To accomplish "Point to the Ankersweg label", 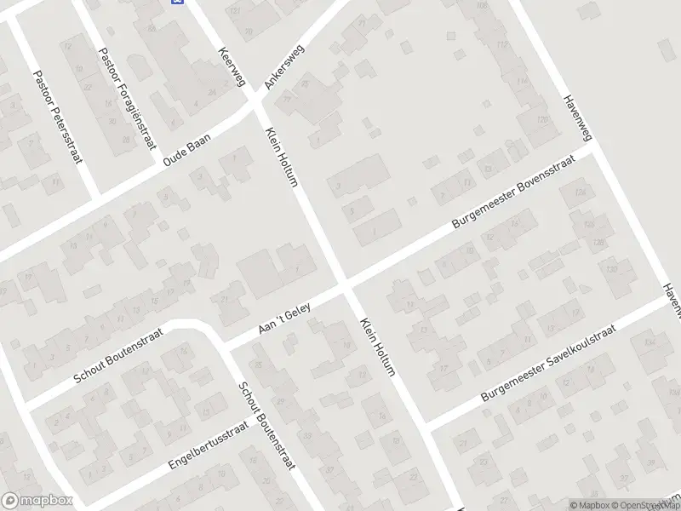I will pyautogui.click(x=284, y=66).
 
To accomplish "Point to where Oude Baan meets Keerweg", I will pyautogui.click(x=255, y=106).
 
